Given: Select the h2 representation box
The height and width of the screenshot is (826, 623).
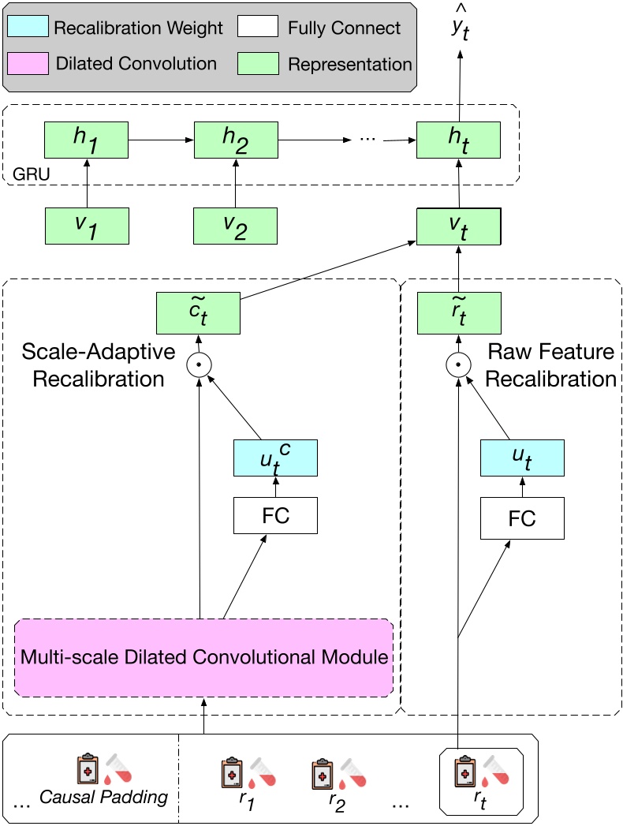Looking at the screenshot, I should point(236,139).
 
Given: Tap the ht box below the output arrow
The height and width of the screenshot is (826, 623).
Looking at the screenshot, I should point(458,139).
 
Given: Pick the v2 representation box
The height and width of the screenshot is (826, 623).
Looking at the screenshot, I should point(236,225).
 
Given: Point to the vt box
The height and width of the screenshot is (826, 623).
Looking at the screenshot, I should point(458,225).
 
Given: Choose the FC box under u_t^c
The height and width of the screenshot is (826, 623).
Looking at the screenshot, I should point(275,516).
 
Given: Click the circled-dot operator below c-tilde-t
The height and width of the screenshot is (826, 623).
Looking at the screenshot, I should point(199,365).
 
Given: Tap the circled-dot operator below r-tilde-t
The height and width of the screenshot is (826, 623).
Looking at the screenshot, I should point(458,365).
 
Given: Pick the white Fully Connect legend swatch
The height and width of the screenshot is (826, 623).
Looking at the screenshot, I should point(258,28).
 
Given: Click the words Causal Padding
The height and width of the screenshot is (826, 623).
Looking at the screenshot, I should point(103,797).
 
